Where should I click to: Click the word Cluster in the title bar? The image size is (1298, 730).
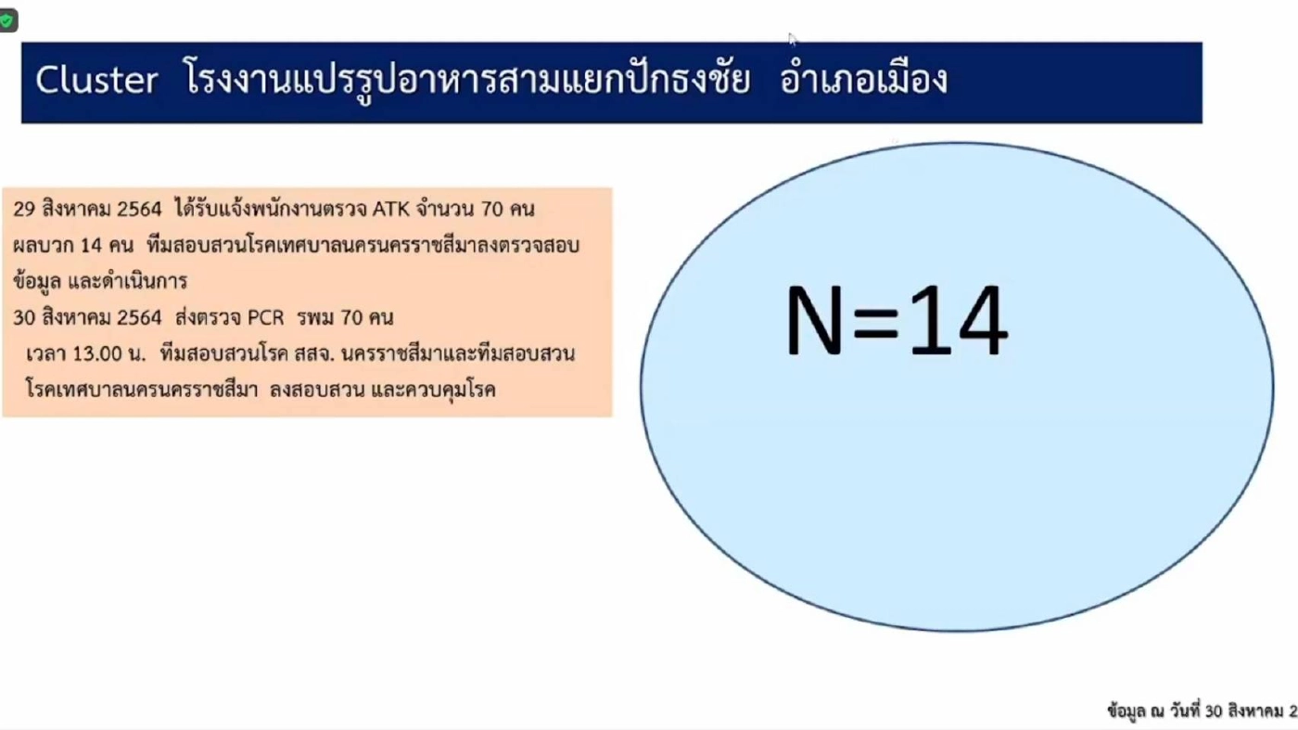pyautogui.click(x=96, y=81)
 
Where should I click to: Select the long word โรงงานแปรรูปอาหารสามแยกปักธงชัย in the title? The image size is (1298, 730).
pyautogui.click(x=467, y=81)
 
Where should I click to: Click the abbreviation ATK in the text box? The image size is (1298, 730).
pyautogui.click(x=389, y=210)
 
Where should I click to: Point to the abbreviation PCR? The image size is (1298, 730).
pyautogui.click(x=265, y=318)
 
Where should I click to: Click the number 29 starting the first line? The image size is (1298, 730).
pyautogui.click(x=24, y=210)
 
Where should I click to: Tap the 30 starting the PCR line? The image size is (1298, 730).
pyautogui.click(x=24, y=318)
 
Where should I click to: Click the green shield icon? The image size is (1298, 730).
pyautogui.click(x=7, y=20)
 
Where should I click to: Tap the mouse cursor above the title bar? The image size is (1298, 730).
pyautogui.click(x=791, y=38)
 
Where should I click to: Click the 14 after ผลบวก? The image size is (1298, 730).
pyautogui.click(x=94, y=247)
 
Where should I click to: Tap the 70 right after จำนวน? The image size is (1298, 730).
pyautogui.click(x=492, y=210)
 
